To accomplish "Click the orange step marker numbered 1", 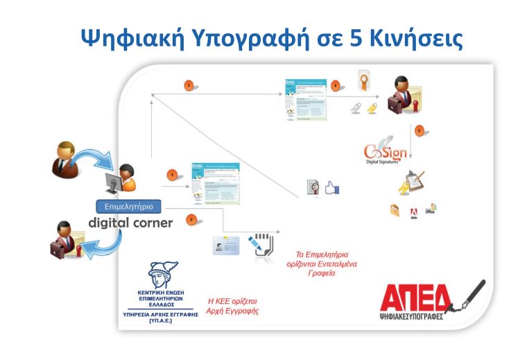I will click(172, 175).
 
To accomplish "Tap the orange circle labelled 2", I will click(190, 220).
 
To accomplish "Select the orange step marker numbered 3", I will click(189, 85).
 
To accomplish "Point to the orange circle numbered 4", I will click(336, 86).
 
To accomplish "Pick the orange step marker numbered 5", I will click(418, 130).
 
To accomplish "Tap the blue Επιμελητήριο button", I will click(128, 206).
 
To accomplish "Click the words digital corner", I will click(130, 223).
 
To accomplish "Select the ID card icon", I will click(226, 244).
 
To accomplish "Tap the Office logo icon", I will click(432, 208).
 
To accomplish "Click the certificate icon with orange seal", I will click(362, 83).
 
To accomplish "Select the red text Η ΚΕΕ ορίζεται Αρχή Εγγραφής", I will click(234, 306).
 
